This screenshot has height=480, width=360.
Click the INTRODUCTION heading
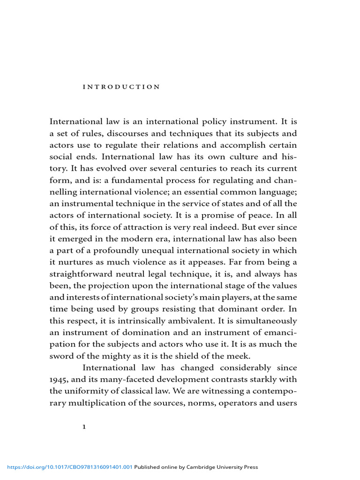pyautogui.click(x=121, y=87)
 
